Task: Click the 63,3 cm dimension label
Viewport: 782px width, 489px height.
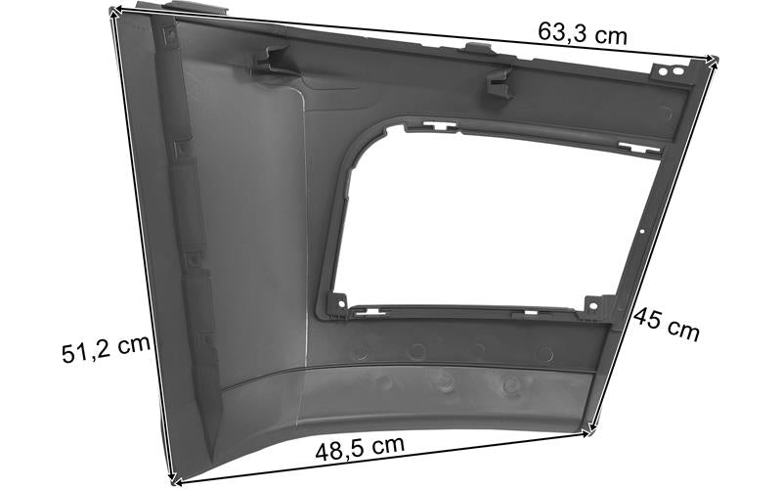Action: tap(582, 33)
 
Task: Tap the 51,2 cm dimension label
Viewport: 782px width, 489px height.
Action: tap(106, 347)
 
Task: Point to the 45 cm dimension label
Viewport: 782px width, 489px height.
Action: tap(666, 325)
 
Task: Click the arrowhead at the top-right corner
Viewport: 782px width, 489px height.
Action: tap(714, 60)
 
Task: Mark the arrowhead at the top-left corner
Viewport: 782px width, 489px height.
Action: tap(113, 12)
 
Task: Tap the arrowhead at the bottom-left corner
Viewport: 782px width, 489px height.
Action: tap(174, 481)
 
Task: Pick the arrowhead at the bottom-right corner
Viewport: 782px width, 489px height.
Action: tap(592, 430)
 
